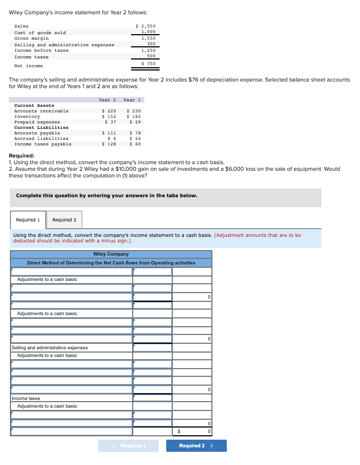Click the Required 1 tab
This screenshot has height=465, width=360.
coord(28,220)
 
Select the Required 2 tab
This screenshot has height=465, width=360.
coord(64,220)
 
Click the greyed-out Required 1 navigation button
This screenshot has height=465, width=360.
coord(128,446)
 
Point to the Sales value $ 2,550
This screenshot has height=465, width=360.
coord(146,26)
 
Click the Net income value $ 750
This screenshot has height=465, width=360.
coord(149,63)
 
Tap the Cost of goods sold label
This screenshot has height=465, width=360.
coord(40,33)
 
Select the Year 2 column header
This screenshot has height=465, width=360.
coord(107,100)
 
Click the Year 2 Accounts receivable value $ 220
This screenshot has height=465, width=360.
coord(109,111)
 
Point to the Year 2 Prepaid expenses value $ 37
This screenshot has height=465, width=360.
coord(110,122)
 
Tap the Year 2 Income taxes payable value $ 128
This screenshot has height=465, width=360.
coord(109,144)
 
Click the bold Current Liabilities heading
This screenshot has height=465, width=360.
coord(38,127)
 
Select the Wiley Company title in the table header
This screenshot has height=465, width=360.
coord(111,254)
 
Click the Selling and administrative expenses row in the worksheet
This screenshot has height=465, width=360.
coord(50,348)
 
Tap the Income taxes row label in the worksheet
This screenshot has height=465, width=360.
coord(26,398)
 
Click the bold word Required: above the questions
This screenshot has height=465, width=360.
coord(22,156)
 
